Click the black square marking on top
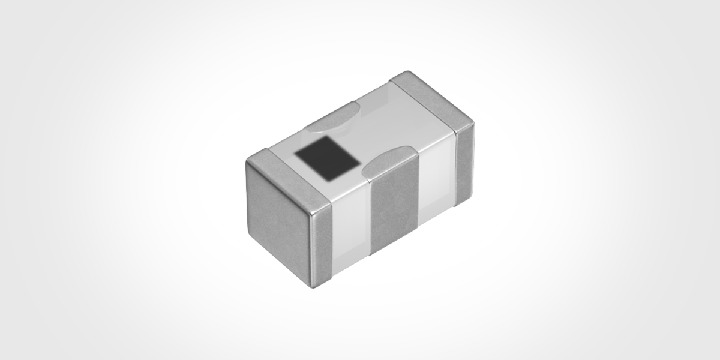[326, 155]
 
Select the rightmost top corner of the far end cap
[473, 122]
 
